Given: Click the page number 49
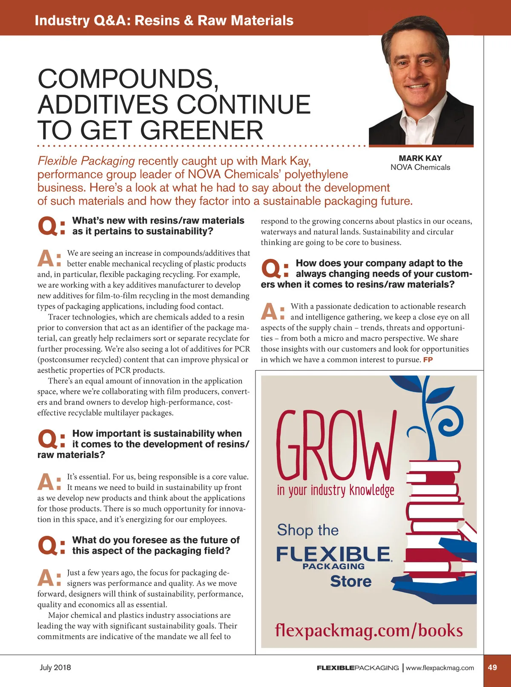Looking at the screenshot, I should tap(492, 667).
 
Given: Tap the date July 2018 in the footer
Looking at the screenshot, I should tap(55, 667).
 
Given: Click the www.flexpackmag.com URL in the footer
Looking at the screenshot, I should tap(439, 668).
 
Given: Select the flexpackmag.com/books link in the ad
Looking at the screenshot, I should tap(369, 630).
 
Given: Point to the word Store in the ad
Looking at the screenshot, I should tap(350, 581).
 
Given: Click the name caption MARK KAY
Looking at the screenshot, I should tap(420, 158).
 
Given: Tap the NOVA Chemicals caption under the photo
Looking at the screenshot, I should tap(420, 167).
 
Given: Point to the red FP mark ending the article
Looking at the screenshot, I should tap(428, 360).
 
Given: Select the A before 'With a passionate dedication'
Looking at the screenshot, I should tap(270, 311).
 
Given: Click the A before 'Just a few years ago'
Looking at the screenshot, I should tap(46, 578).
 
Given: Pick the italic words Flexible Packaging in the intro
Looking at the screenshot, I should tap(86, 161).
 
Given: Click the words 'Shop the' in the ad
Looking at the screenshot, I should tap(307, 530).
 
